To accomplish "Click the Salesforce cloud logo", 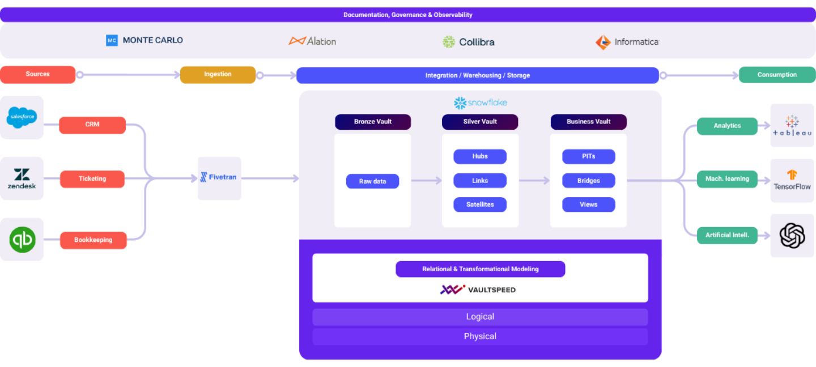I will tap(22, 117).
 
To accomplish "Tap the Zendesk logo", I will tap(22, 178).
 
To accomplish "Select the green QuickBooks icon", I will tap(22, 240).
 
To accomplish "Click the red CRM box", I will tap(92, 125).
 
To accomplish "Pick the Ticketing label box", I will tap(92, 179).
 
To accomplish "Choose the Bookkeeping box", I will tap(93, 240).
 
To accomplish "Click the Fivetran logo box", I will tap(219, 178).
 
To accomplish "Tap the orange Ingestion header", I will tap(218, 74).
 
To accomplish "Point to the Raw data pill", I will tap(372, 181).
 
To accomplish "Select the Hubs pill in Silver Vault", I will tap(480, 156).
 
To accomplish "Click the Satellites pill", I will tap(480, 204).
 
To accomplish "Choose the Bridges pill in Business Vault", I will tap(588, 181).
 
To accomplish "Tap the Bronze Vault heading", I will tap(372, 122).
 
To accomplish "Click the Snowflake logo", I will tap(480, 103).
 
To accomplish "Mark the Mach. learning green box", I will tap(727, 179).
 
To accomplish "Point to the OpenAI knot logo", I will tap(792, 235).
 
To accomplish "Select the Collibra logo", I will tap(469, 41).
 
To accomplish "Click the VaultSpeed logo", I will tap(478, 289).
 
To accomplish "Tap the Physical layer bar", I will tap(480, 336).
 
